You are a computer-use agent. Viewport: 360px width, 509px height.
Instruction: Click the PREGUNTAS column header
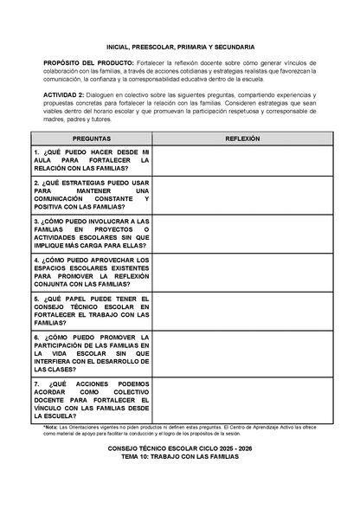pyautogui.click(x=92, y=139)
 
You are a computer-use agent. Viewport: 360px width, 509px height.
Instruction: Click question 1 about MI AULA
pyautogui.click(x=92, y=160)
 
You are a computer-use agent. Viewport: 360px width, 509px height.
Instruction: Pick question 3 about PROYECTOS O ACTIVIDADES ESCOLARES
pyautogui.click(x=92, y=234)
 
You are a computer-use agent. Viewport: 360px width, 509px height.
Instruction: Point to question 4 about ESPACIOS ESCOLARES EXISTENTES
pyautogui.click(x=92, y=273)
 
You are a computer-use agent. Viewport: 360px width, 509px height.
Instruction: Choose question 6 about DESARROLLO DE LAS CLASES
pyautogui.click(x=92, y=352)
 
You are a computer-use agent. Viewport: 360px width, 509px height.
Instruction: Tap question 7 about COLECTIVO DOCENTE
pyautogui.click(x=92, y=400)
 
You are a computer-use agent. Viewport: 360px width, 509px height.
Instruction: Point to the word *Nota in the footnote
pyautogui.click(x=51, y=427)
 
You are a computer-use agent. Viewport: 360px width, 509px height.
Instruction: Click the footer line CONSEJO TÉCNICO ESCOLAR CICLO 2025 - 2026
pyautogui.click(x=179, y=449)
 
